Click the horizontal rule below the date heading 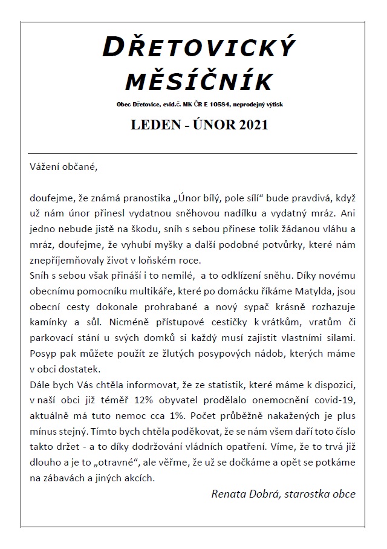coord(193,153)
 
